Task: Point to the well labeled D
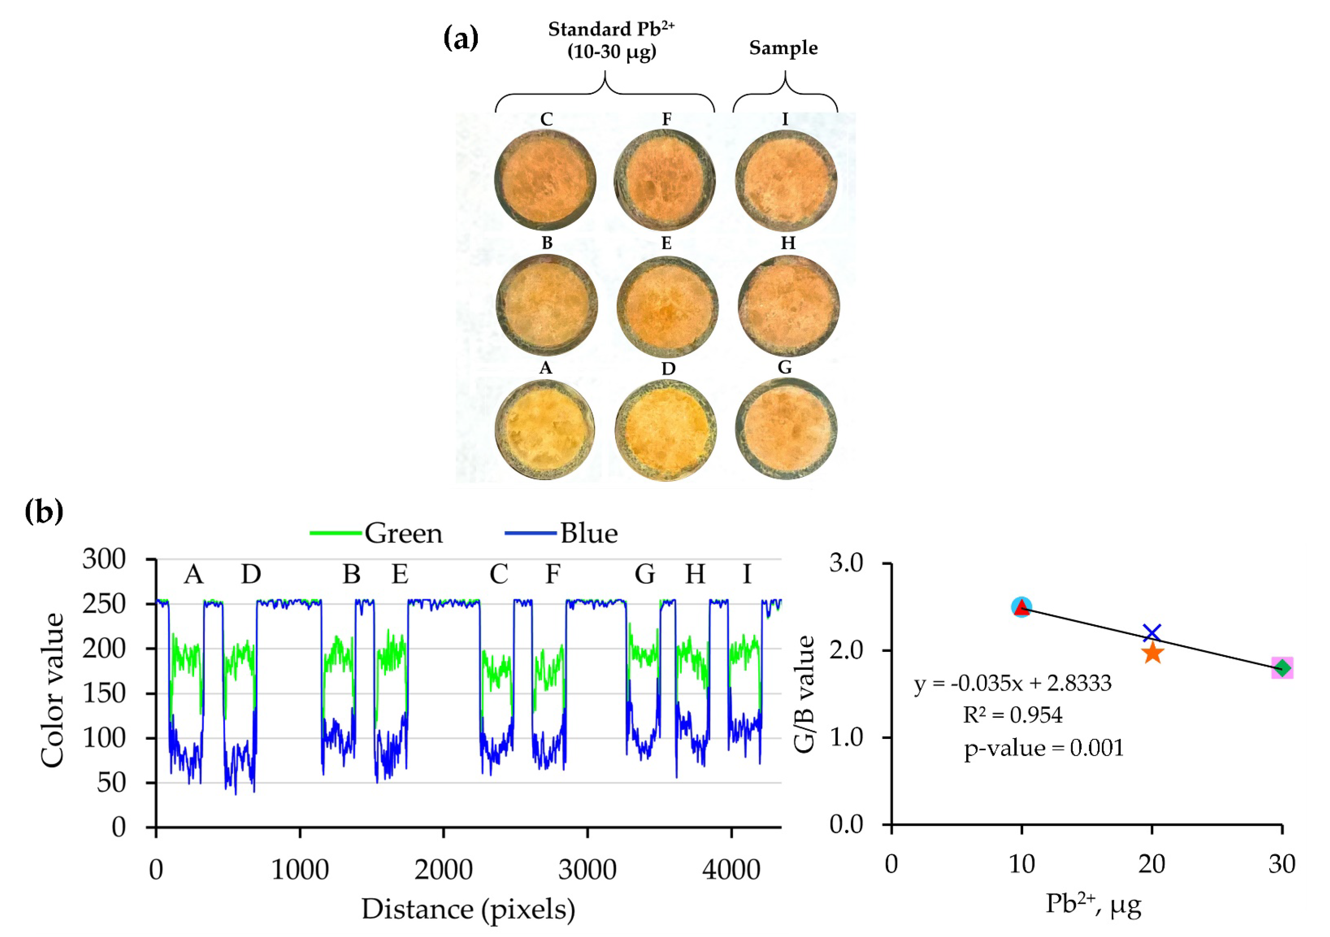pos(665,430)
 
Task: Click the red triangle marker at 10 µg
pos(1022,607)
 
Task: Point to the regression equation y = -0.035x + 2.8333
pos(1013,683)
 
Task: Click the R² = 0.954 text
pos(1013,715)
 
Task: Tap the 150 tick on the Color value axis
pos(104,693)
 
